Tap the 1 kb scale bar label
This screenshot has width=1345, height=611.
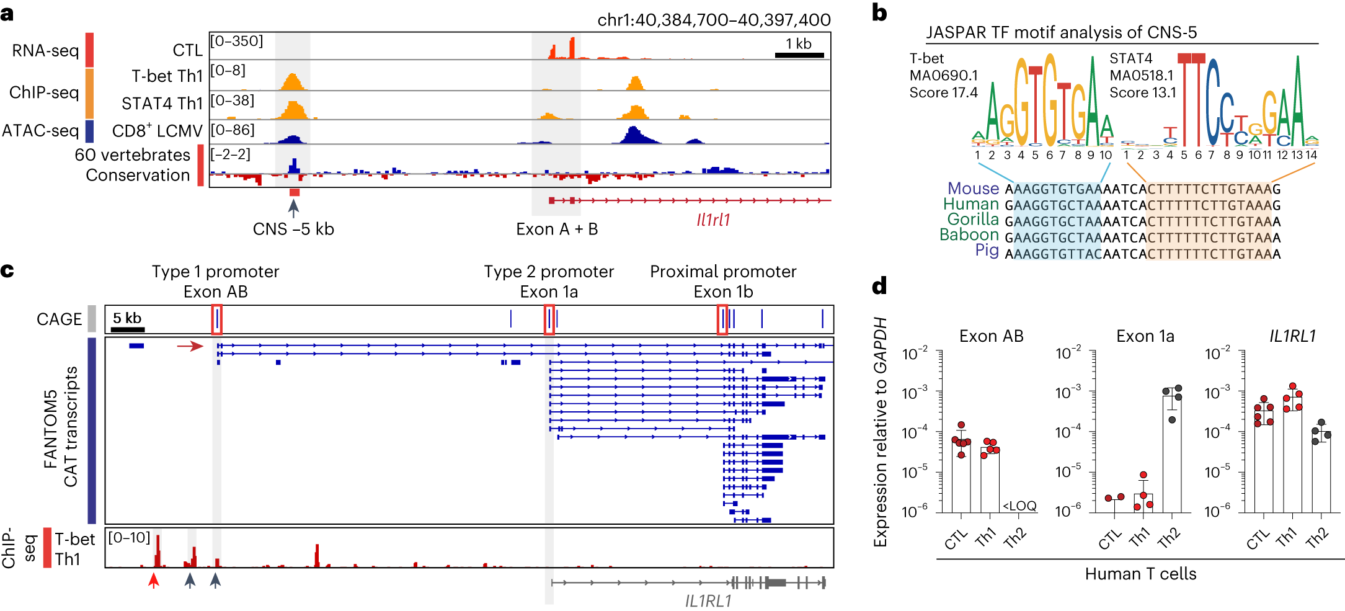[x=799, y=43]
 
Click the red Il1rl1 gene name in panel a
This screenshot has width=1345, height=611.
[x=713, y=220]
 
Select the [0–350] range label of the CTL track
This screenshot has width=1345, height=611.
[x=236, y=41]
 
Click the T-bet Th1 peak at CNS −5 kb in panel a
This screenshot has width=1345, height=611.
[x=292, y=82]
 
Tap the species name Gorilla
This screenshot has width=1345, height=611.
[x=973, y=220]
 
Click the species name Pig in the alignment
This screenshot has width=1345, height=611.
[x=987, y=251]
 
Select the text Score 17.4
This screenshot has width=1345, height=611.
[x=943, y=93]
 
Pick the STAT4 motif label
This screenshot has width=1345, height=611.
[x=1130, y=58]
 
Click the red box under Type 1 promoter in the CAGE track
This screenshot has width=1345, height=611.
[x=216, y=319]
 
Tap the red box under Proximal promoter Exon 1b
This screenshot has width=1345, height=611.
[x=722, y=319]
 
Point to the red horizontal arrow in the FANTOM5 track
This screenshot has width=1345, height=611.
[x=190, y=346]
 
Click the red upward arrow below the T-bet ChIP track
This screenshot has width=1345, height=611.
[x=154, y=581]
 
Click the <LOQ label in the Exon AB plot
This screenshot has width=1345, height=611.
[x=1019, y=506]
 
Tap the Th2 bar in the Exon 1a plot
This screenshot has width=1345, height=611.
[x=1171, y=453]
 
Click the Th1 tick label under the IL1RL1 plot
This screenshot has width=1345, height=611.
[x=1287, y=537]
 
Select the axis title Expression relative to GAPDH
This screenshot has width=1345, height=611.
[x=881, y=432]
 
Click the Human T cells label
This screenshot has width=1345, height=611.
[x=1140, y=574]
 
